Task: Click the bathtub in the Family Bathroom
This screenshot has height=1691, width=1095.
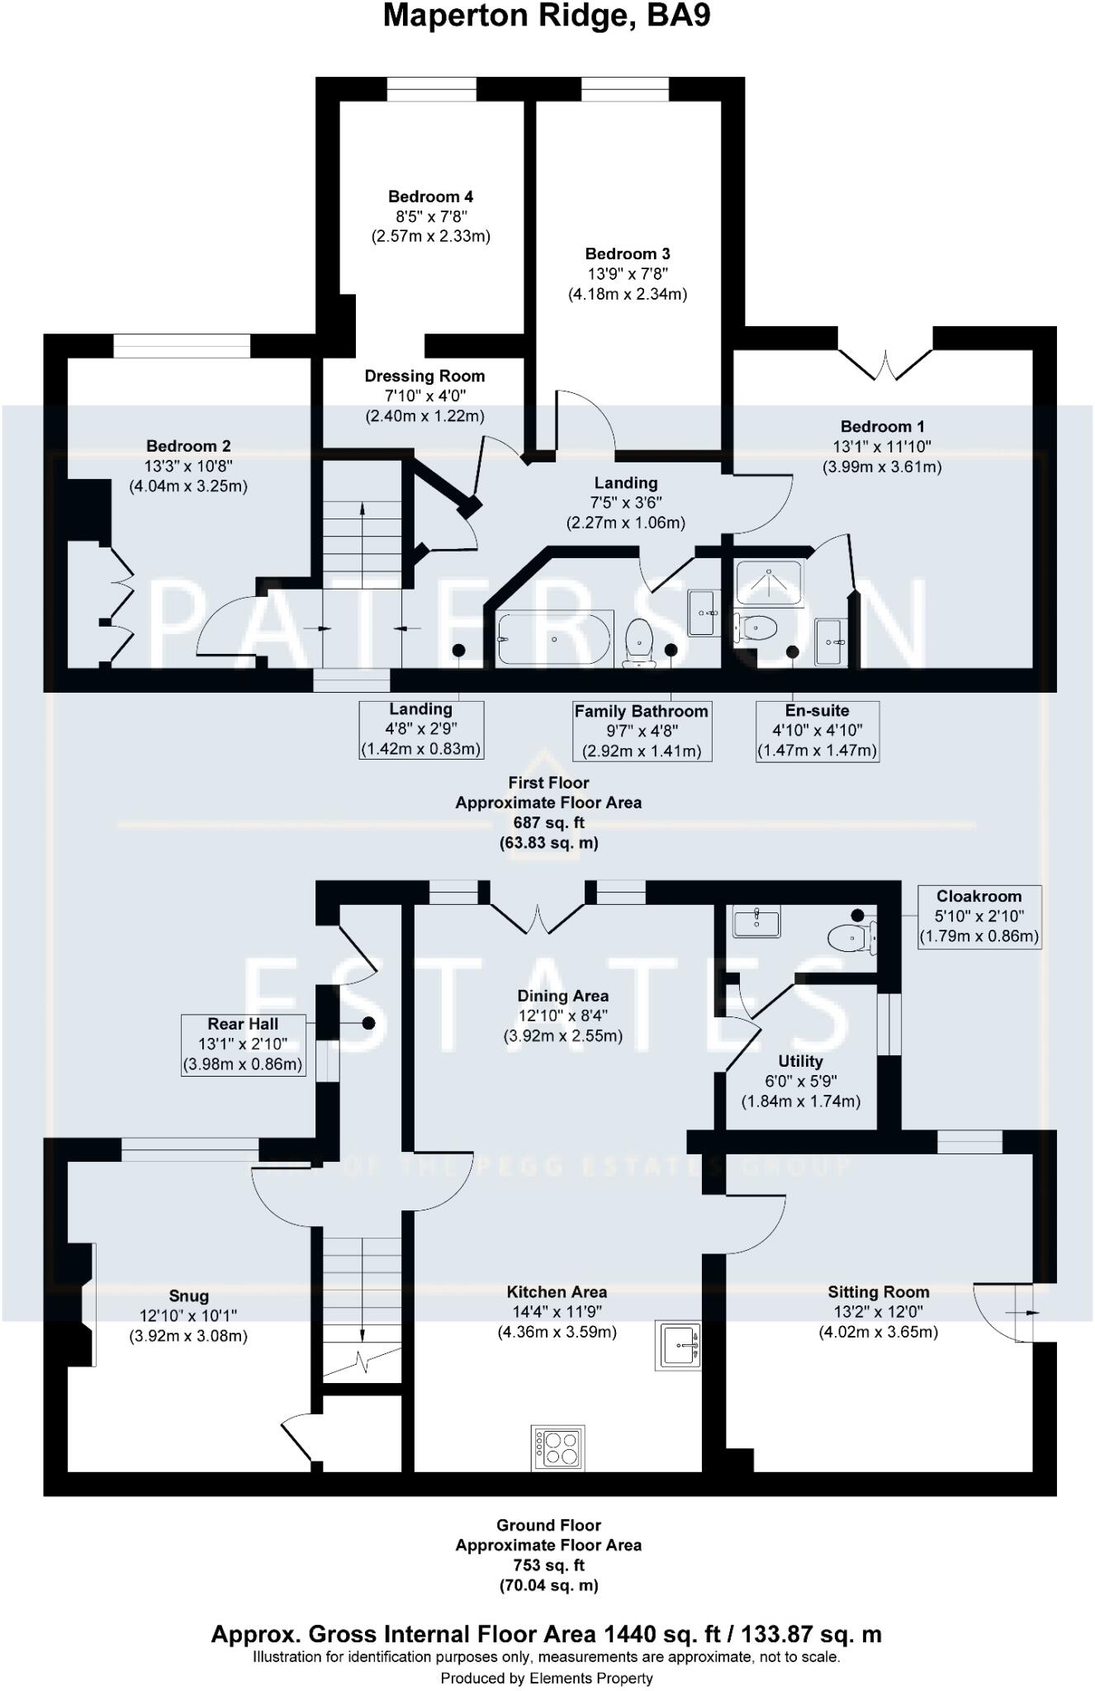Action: click(554, 638)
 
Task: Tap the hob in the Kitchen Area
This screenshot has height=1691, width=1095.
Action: click(559, 1447)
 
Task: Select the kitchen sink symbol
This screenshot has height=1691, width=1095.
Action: click(678, 1345)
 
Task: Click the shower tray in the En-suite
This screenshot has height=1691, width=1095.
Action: click(769, 584)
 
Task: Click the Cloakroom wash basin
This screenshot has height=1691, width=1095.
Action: click(756, 921)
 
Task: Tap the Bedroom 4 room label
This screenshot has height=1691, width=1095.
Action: click(430, 197)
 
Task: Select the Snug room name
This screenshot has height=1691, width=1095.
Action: click(188, 1296)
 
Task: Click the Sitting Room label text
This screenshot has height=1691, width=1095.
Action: click(878, 1292)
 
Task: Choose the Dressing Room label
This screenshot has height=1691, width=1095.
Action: click(424, 377)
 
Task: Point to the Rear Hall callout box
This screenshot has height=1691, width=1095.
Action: click(243, 1044)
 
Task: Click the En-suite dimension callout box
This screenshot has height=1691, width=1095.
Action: click(817, 731)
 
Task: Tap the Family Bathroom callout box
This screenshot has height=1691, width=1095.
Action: click(642, 731)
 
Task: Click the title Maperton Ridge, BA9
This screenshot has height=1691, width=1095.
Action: click(547, 17)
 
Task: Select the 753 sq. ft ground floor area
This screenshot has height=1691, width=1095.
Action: click(548, 1565)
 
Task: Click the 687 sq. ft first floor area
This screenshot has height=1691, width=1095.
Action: click(548, 822)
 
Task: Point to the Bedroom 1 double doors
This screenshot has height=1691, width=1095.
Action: click(885, 365)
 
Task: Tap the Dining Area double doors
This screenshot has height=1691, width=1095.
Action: click(538, 918)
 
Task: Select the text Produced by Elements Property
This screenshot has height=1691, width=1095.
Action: click(547, 1678)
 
